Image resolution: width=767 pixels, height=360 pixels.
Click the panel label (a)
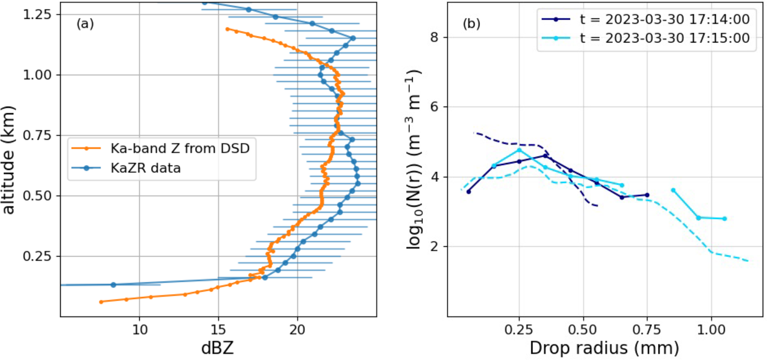85,24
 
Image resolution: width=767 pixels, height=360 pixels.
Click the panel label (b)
471,24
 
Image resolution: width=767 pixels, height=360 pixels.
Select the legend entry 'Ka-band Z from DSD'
180,148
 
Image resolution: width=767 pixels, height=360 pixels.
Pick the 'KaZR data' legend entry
146,168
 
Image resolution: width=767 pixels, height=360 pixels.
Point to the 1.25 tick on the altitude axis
37,14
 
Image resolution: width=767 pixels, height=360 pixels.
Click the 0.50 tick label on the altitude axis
37,196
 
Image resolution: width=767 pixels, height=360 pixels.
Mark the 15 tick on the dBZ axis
218,330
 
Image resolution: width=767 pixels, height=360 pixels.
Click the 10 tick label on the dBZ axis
140,330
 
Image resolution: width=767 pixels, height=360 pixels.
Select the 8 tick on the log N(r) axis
434,37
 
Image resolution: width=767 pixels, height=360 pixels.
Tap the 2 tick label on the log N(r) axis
434,246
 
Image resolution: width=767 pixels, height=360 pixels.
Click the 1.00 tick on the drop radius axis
711,330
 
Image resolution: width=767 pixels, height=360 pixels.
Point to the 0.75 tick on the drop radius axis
647,330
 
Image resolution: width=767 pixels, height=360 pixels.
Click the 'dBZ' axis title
218,348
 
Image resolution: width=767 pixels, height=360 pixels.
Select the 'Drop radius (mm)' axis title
604,348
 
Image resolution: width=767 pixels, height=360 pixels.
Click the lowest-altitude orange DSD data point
101,302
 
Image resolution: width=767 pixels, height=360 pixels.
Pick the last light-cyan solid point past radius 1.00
724,219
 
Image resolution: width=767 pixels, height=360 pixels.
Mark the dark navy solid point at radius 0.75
647,195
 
